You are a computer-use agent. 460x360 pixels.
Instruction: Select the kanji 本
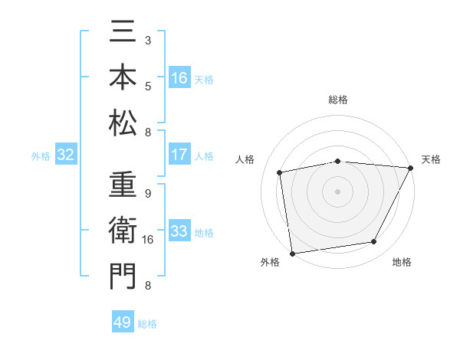click(x=123, y=78)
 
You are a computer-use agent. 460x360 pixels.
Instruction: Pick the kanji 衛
click(x=123, y=231)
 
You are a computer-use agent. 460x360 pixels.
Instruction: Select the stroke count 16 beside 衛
click(x=149, y=240)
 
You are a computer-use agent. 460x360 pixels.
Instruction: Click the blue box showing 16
click(x=179, y=77)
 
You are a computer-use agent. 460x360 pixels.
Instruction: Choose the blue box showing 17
click(x=179, y=155)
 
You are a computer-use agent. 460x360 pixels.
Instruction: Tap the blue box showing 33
click(x=179, y=231)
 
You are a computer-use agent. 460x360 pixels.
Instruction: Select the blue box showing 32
click(x=66, y=155)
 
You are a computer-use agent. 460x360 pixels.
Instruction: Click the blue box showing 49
click(x=123, y=322)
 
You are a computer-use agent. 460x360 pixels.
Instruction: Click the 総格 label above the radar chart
click(x=338, y=100)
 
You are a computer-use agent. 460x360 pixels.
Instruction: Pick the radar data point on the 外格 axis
click(x=292, y=253)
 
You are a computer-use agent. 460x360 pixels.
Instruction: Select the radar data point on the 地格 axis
click(x=374, y=242)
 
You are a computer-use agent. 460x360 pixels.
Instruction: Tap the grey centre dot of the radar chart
click(x=338, y=191)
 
